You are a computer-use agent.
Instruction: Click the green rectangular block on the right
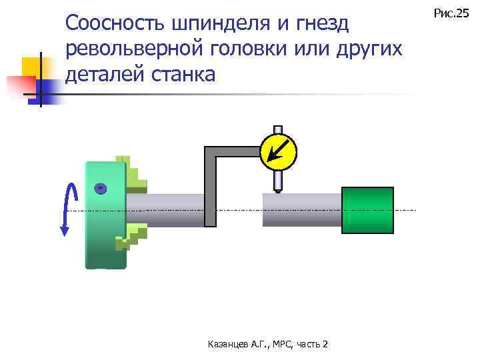click(367, 210)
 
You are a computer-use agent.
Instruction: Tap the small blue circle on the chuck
click(99, 189)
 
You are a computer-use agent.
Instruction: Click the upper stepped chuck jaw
click(134, 174)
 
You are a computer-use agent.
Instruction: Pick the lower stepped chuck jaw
click(133, 237)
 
